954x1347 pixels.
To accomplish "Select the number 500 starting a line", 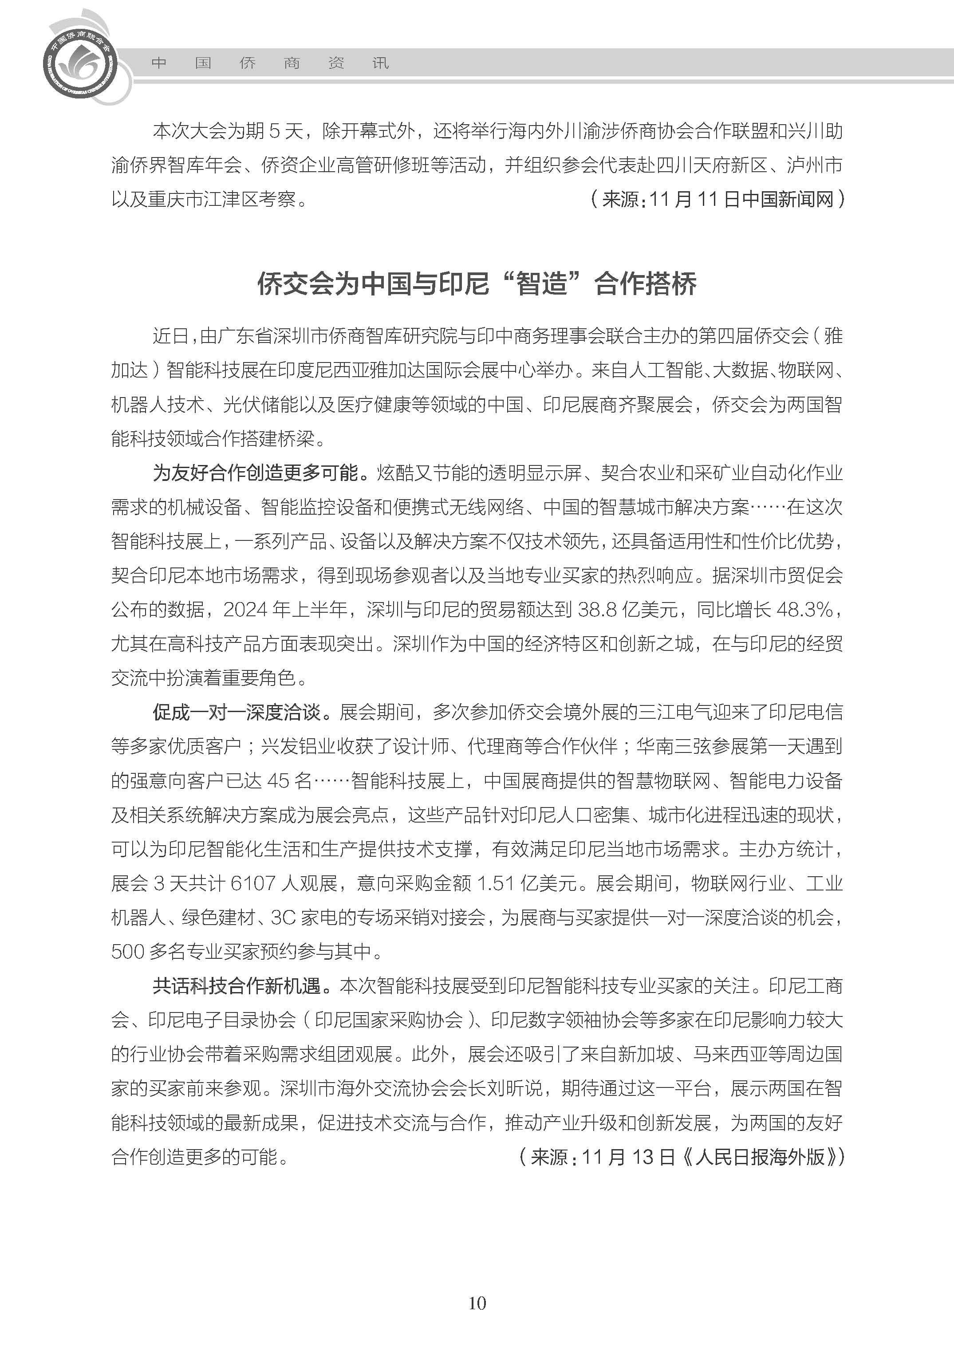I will point(127,952).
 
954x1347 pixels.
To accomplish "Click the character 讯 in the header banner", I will point(381,63).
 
